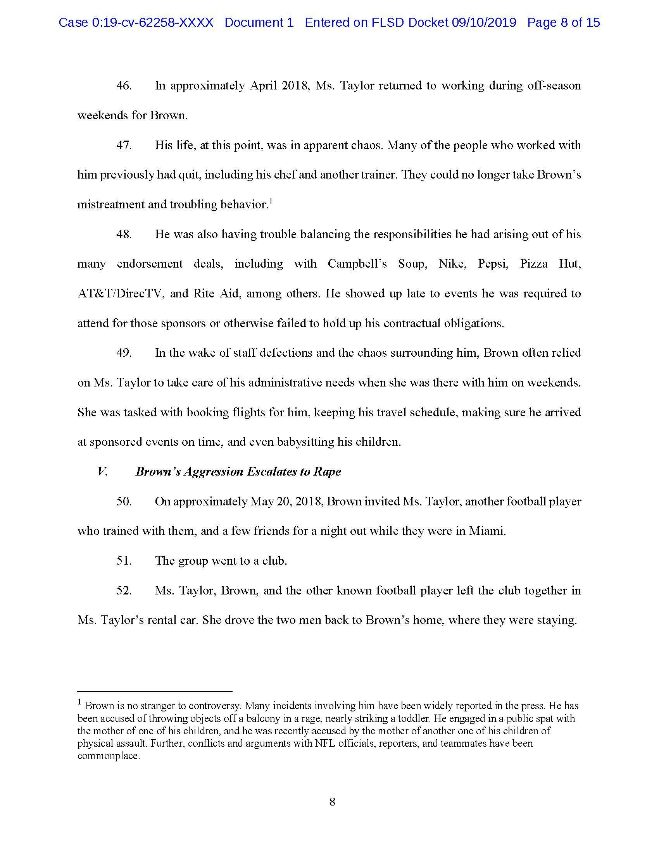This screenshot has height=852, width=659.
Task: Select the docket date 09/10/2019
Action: [x=484, y=22]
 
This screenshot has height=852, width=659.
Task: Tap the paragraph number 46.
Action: [x=124, y=86]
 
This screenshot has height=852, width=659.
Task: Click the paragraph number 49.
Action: [x=124, y=353]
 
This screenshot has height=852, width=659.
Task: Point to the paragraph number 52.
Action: [x=124, y=591]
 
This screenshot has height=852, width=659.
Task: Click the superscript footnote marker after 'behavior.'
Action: [x=271, y=202]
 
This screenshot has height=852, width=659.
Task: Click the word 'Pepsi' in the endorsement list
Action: [x=493, y=264]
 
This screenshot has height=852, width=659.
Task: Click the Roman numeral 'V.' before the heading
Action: [x=102, y=472]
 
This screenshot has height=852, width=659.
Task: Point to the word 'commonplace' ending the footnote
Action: [x=108, y=756]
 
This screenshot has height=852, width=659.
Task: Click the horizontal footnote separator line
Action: [x=155, y=691]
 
